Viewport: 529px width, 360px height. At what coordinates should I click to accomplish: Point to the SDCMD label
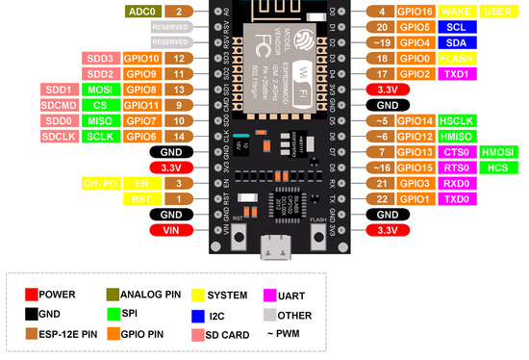click(x=60, y=105)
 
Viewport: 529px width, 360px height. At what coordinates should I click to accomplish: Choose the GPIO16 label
click(x=416, y=12)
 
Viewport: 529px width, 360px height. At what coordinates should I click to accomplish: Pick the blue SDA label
click(x=456, y=43)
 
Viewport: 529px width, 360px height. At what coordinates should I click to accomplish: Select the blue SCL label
click(x=456, y=28)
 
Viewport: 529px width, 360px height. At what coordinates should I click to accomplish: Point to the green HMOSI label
click(x=498, y=152)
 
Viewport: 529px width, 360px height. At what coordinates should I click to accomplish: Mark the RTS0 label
click(x=456, y=167)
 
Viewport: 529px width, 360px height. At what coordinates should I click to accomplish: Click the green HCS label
click(x=498, y=167)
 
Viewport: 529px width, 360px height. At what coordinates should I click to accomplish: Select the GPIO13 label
click(x=416, y=152)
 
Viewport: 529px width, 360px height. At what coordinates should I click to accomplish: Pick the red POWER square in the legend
click(x=33, y=295)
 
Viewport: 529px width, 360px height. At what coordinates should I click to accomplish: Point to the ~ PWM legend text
click(x=283, y=334)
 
